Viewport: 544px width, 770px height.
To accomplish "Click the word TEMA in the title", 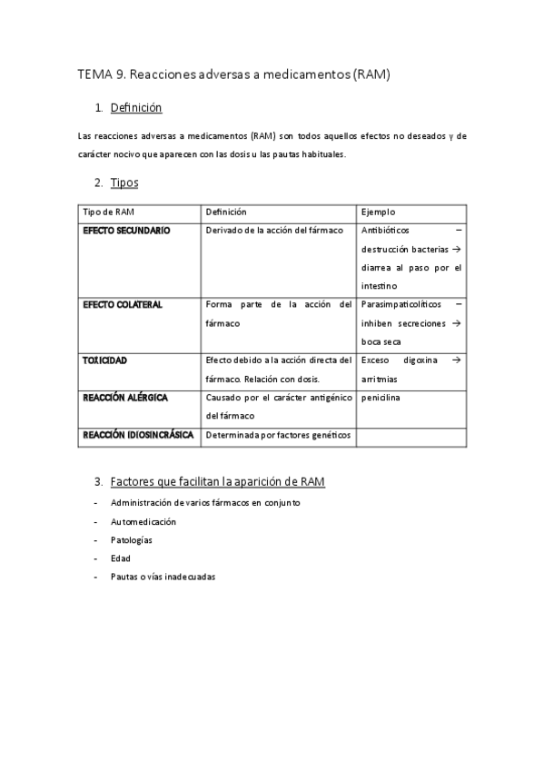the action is pos(93,75).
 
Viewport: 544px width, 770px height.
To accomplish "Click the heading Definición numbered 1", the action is pos(135,108).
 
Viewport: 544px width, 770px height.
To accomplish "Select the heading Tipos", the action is pos(124,183).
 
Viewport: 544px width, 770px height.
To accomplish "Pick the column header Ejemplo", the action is pos(378,212).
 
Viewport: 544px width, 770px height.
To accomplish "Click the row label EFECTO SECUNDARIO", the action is pos(126,231).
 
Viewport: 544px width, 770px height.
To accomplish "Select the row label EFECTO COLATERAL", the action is pos(123,304).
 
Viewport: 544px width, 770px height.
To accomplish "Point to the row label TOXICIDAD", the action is pos(105,360).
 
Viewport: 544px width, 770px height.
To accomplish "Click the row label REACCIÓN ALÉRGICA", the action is pos(125,398).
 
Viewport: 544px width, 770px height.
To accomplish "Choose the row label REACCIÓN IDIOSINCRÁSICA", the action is pos(138,435).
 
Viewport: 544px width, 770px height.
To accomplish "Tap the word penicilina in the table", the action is pos(381,398).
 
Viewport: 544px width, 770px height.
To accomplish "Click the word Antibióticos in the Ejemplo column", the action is pos(385,231).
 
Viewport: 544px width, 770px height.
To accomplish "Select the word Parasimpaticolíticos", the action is pos(401,304).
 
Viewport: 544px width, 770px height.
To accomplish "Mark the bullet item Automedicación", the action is pos(143,522).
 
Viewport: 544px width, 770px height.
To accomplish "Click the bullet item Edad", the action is pos(120,558).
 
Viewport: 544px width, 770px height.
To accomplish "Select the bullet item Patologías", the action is pos(131,540).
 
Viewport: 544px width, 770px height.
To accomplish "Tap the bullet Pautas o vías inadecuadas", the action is pos(163,577).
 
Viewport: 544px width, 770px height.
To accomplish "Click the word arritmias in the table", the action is pos(381,379).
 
